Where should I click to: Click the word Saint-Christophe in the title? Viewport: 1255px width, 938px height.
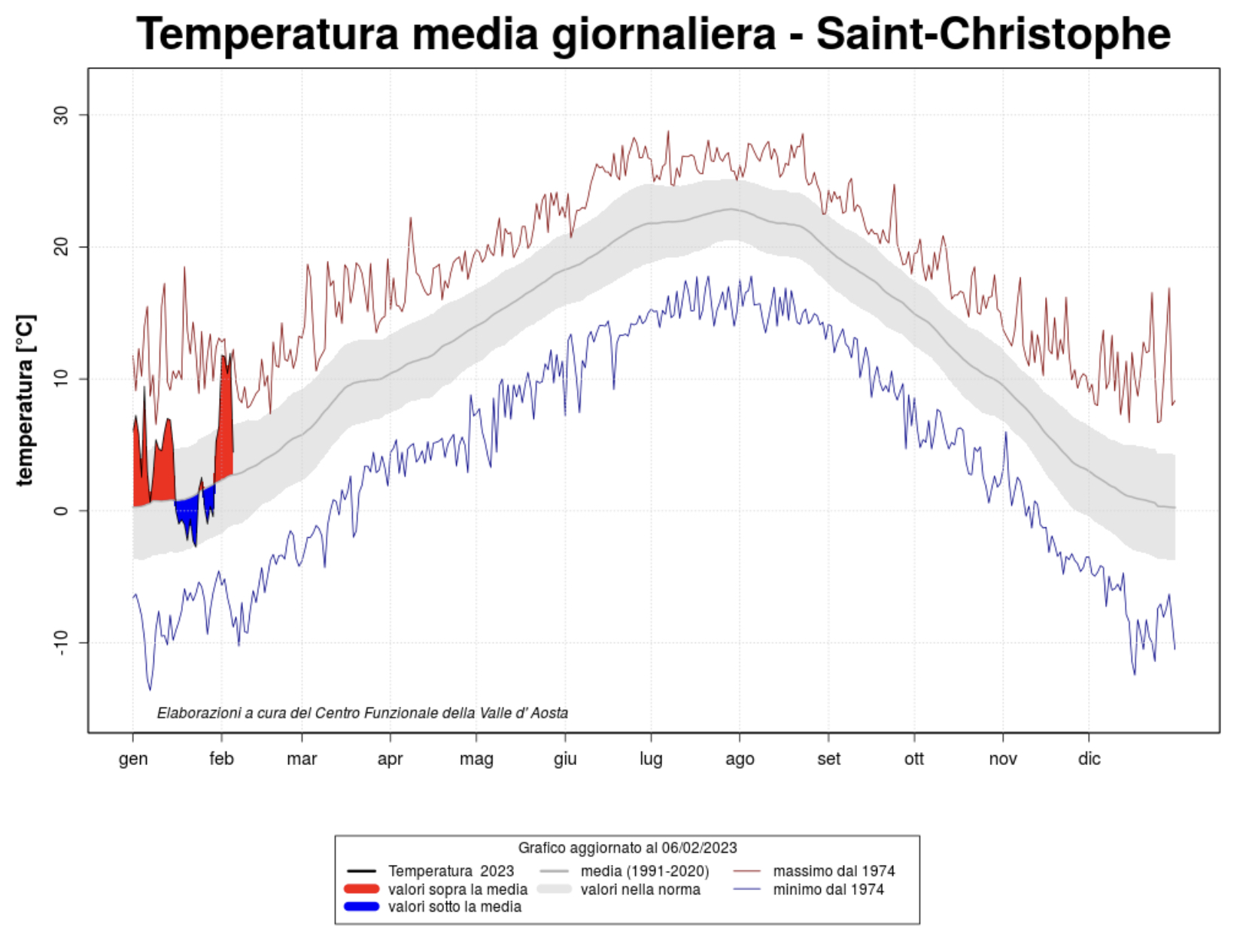tap(993, 34)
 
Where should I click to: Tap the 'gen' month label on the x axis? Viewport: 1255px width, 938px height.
tap(133, 759)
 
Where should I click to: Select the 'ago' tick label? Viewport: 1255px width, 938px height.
tap(740, 759)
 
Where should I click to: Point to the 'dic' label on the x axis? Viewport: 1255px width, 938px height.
tap(1089, 759)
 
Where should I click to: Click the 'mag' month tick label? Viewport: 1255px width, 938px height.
tap(476, 759)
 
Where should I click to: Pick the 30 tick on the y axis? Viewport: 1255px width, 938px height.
tap(61, 115)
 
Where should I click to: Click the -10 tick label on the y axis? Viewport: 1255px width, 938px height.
tap(61, 642)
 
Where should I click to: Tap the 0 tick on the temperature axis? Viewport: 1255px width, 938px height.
tap(61, 511)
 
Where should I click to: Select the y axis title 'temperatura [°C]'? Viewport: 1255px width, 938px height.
tap(25, 400)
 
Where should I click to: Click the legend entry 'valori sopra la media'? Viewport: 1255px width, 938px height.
tap(457, 890)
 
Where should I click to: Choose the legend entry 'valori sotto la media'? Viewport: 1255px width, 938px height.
tap(454, 907)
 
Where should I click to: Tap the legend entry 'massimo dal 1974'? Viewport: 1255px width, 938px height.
tap(834, 872)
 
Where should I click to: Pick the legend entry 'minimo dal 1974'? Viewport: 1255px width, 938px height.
tap(828, 890)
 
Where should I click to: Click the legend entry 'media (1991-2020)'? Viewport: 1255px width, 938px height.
tap(644, 872)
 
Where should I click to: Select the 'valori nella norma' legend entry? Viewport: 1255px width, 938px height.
tap(640, 890)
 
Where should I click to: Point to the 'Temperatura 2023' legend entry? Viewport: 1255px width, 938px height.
tap(451, 872)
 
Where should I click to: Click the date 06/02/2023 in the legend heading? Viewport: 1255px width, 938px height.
tap(699, 848)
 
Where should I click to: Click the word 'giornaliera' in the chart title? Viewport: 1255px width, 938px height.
tap(664, 34)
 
